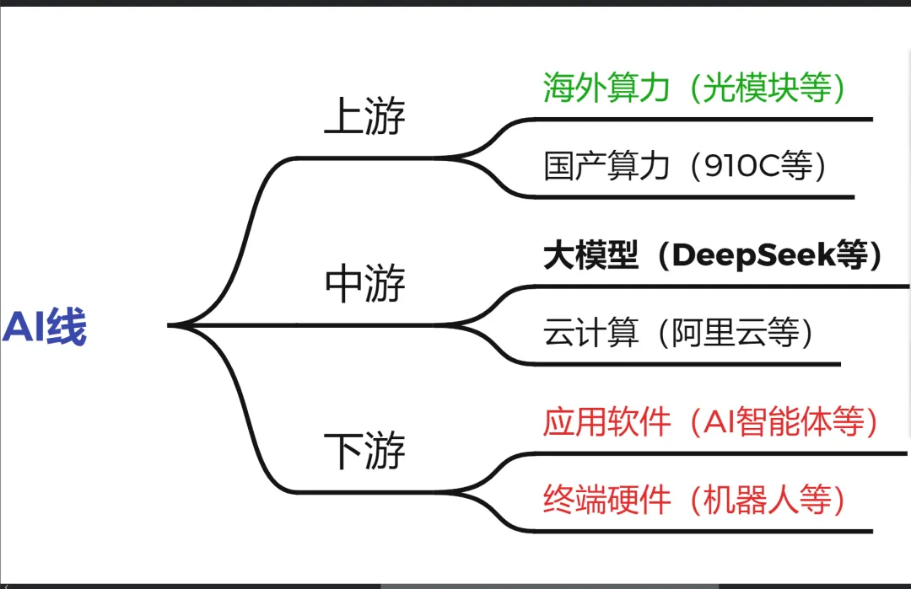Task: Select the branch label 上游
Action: click(364, 118)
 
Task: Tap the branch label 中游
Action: click(364, 284)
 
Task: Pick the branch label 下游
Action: click(364, 451)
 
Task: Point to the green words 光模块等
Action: click(767, 88)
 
